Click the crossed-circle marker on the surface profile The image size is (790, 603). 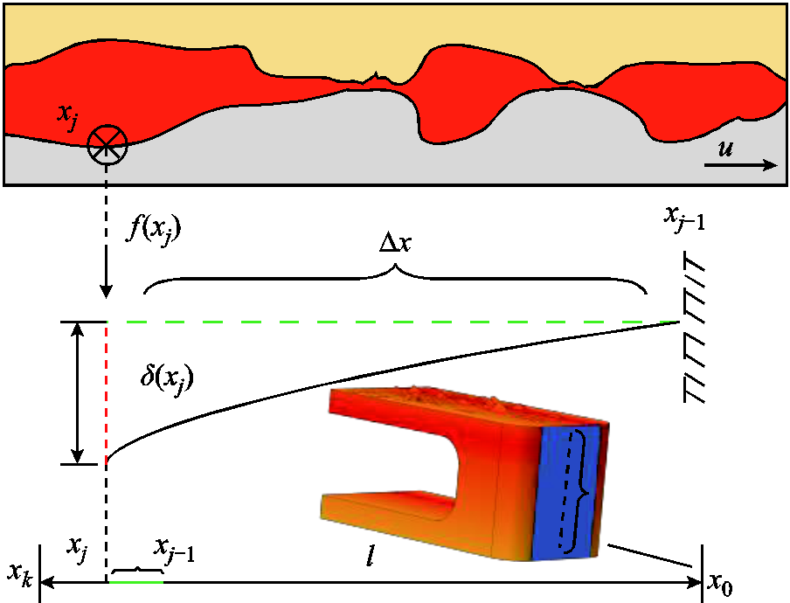coord(107,145)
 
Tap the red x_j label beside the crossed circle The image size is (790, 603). coord(67,118)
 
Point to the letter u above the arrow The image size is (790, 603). coord(725,149)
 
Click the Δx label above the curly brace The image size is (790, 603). coord(396,243)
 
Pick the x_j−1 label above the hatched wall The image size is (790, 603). coord(684,218)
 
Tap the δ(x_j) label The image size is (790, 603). coord(167,378)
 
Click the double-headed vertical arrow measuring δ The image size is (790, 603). coord(77,393)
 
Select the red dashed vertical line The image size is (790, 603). coord(107,393)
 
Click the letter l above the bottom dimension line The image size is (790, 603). coord(370,555)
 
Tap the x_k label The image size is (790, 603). coord(20,574)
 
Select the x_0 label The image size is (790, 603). coord(720,584)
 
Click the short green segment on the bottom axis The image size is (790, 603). coord(136,582)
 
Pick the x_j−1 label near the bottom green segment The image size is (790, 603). coord(174,549)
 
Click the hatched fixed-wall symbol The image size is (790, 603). coord(694,327)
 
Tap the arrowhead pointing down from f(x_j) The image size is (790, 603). coord(106,291)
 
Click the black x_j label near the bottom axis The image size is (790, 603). coord(77,549)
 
